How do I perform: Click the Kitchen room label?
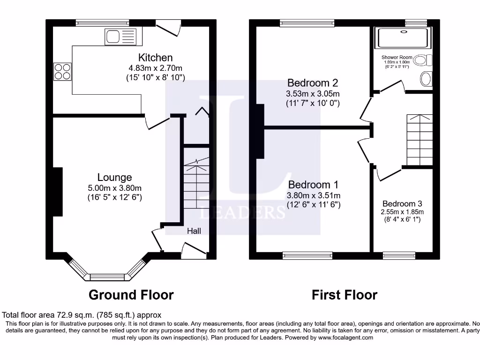point(155,58)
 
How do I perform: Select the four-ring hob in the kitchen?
point(62,71)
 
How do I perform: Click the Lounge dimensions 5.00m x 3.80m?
point(114,187)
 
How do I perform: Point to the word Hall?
point(194,231)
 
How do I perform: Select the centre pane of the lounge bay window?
point(107,277)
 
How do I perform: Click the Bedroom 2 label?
point(313,83)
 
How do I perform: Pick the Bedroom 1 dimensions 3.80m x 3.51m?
point(314,195)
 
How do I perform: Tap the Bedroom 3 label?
point(402,203)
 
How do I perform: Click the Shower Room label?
point(397,58)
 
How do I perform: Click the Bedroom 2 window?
point(307,22)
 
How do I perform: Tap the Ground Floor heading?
point(131,295)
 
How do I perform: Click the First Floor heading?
point(345,295)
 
